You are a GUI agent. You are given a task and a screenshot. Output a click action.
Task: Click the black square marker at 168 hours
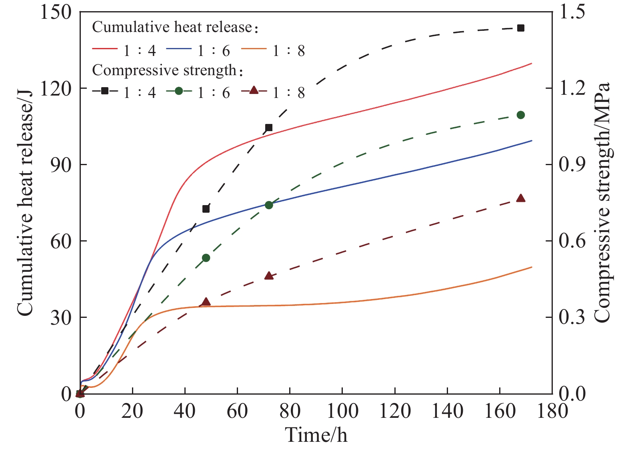coord(520,28)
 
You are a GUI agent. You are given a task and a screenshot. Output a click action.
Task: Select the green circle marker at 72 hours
coord(269,205)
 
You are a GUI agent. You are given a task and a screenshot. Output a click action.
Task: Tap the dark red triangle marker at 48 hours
coord(206,302)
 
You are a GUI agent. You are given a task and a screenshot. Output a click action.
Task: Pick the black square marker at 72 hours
coord(269,128)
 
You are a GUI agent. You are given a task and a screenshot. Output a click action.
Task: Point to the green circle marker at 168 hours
coord(520,115)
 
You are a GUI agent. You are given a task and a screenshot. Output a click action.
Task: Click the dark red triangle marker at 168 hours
coord(520,198)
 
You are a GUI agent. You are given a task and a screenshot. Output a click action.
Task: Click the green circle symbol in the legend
coord(179,91)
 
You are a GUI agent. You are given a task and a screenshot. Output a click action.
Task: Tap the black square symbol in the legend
coord(105,91)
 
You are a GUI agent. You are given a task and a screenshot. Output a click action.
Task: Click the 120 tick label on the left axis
coord(56,88)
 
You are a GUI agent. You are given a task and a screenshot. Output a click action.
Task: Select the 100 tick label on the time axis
coord(342,411)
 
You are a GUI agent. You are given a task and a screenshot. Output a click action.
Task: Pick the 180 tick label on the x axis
coord(552,411)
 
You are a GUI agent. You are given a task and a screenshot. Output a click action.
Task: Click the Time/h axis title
coord(316,435)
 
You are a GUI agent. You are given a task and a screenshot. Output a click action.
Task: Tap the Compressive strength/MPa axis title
coord(602,202)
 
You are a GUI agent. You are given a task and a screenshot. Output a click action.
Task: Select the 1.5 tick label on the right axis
coord(572,12)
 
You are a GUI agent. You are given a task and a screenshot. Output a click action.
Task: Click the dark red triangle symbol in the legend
coord(254,91)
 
